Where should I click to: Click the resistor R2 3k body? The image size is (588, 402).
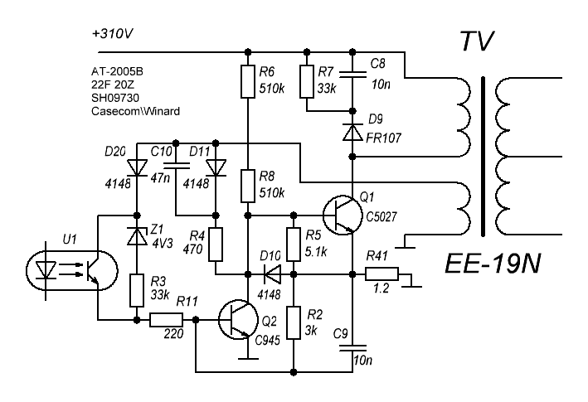(293, 322)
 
